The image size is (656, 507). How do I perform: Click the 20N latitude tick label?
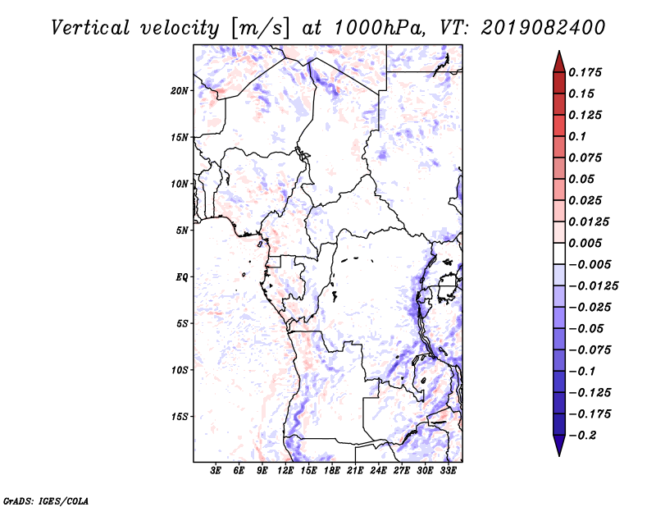pos(180,90)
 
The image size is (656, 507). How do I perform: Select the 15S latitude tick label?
pos(180,417)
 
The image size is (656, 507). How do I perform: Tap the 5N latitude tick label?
pos(182,231)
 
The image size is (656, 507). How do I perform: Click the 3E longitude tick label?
pos(216,471)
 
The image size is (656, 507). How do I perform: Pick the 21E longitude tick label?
pos(355,471)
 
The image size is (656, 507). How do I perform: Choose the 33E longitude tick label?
pos(448,471)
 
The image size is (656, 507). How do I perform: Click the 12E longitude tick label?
pos(285,471)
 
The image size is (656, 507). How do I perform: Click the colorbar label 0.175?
pos(585,72)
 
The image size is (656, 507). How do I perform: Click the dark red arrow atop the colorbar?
pos(558,60)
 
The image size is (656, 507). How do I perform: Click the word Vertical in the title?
pos(90,27)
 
